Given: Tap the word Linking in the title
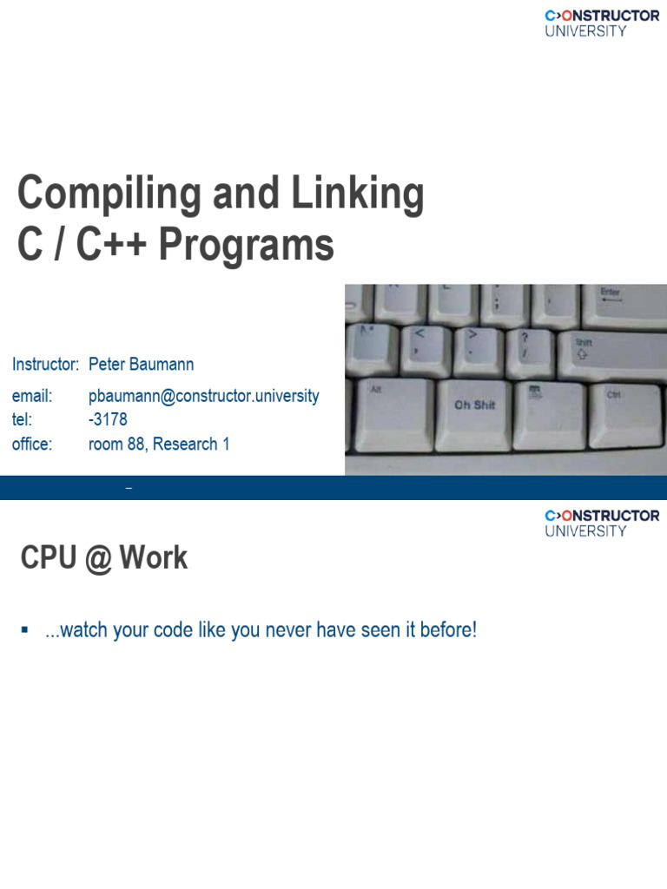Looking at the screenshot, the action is click(357, 194).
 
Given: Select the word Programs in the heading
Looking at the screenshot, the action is click(246, 246).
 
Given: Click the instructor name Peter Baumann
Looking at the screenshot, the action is click(142, 364).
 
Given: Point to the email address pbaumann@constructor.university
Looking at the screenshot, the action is click(203, 396).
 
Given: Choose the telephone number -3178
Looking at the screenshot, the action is click(108, 419).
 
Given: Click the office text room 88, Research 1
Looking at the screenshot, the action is click(159, 444).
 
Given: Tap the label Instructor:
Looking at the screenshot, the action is click(45, 364).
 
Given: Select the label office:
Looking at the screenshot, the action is click(32, 444).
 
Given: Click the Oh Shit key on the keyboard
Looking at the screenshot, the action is click(475, 413).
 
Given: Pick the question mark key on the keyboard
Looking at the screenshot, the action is click(529, 352).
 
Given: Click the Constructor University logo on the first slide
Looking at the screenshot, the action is click(602, 23).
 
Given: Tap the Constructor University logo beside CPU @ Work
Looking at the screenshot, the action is click(602, 524).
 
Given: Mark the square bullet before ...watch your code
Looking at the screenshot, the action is click(24, 629).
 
